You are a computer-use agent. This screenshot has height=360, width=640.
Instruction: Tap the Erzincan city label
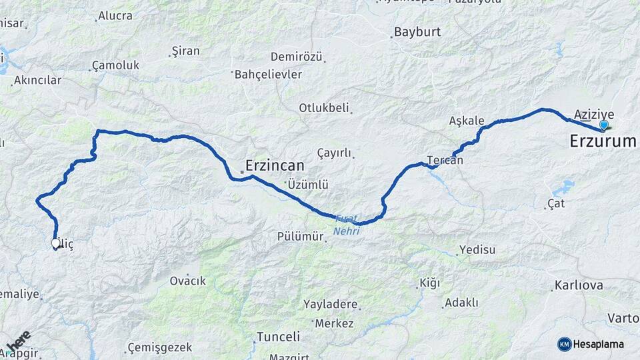(x=275, y=165)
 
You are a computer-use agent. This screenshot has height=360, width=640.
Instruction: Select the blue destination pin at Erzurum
(x=603, y=125)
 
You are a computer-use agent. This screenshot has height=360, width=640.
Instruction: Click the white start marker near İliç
(x=56, y=243)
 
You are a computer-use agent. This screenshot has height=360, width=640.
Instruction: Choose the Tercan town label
(x=445, y=161)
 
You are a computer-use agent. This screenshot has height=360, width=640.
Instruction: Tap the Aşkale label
(x=466, y=121)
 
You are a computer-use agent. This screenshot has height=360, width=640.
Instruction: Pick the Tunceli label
(x=278, y=337)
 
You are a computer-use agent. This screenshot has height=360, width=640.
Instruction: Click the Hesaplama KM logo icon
(x=564, y=344)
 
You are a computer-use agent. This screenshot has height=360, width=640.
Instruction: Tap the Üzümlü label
(x=307, y=185)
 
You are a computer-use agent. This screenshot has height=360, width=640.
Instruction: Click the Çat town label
(x=555, y=203)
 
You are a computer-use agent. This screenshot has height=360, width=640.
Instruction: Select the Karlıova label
(x=579, y=286)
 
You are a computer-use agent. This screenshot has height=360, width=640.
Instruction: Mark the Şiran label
(x=185, y=51)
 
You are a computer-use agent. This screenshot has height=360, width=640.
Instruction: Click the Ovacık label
(x=188, y=281)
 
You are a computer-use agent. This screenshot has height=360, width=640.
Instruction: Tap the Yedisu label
(x=477, y=251)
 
